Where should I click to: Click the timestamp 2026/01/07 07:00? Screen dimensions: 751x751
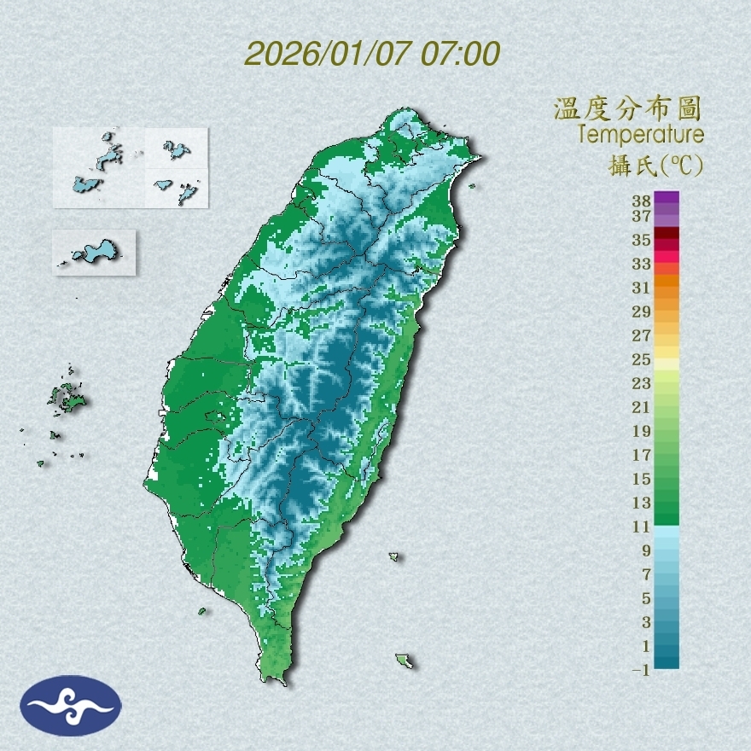click(372, 54)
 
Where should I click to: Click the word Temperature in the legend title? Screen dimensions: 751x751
click(640, 134)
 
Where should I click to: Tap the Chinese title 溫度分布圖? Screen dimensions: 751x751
click(627, 108)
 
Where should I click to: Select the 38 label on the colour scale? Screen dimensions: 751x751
click(642, 201)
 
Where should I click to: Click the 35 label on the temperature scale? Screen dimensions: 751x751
click(642, 240)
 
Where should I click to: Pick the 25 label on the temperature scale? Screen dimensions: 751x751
click(642, 358)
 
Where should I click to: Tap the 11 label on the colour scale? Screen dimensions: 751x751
click(642, 527)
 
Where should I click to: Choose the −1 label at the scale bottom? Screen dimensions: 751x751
click(641, 670)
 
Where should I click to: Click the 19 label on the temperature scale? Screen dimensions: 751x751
click(642, 430)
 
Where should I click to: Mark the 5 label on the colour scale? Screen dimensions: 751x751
click(646, 597)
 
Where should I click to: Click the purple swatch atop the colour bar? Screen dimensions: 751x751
click(667, 197)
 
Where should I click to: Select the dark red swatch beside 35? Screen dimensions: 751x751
click(667, 234)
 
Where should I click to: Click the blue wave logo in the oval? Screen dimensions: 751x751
click(72, 706)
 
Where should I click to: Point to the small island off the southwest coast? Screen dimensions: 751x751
click(202, 610)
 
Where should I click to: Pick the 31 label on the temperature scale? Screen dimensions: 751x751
click(642, 287)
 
